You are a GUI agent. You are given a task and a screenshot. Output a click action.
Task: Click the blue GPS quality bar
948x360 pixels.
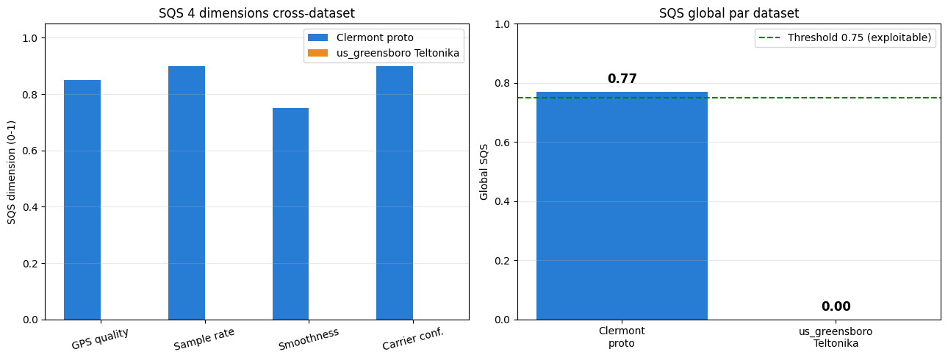pos(82,200)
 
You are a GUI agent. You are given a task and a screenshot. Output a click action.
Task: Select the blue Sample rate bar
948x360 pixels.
pos(187,192)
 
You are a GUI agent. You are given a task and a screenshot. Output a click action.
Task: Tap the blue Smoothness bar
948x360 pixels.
pos(290,214)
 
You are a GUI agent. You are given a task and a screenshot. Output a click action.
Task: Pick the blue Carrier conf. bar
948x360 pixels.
pos(395,192)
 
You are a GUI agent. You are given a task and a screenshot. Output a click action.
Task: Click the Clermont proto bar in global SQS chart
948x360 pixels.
pos(622,206)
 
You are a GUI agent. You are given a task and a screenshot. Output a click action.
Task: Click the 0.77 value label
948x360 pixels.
pos(622,79)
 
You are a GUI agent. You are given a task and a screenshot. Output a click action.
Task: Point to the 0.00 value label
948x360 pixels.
pos(836,306)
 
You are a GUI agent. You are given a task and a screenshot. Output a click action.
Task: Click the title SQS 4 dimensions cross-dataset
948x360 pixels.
pos(256,12)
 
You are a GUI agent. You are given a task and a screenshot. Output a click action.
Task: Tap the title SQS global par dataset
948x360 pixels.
pos(729,12)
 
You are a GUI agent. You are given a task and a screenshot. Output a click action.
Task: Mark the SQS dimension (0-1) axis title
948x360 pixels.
pos(12,173)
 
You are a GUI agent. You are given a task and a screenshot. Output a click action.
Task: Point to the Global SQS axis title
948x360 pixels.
pos(484,173)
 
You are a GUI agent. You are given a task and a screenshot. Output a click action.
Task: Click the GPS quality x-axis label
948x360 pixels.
pos(100,338)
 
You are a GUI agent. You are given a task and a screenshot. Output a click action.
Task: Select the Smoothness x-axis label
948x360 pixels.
pos(309,339)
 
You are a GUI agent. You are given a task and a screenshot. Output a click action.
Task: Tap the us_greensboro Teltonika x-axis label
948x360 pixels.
pos(836,336)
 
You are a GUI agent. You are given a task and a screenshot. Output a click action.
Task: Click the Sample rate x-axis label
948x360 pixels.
pos(204,339)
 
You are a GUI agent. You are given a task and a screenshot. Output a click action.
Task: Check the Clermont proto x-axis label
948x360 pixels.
pos(622,336)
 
